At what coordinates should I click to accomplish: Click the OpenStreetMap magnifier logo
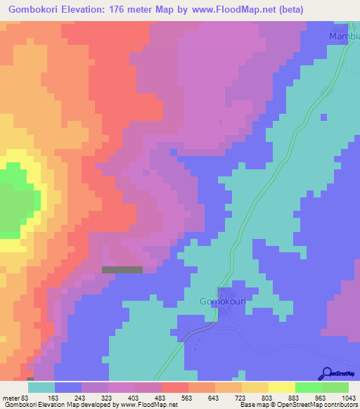tap(328, 374)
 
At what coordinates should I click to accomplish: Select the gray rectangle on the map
tap(122, 269)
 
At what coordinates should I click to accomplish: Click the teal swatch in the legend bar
tap(41, 387)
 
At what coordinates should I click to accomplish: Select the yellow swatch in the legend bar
tap(281, 387)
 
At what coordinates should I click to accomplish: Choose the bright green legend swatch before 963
tap(308, 387)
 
